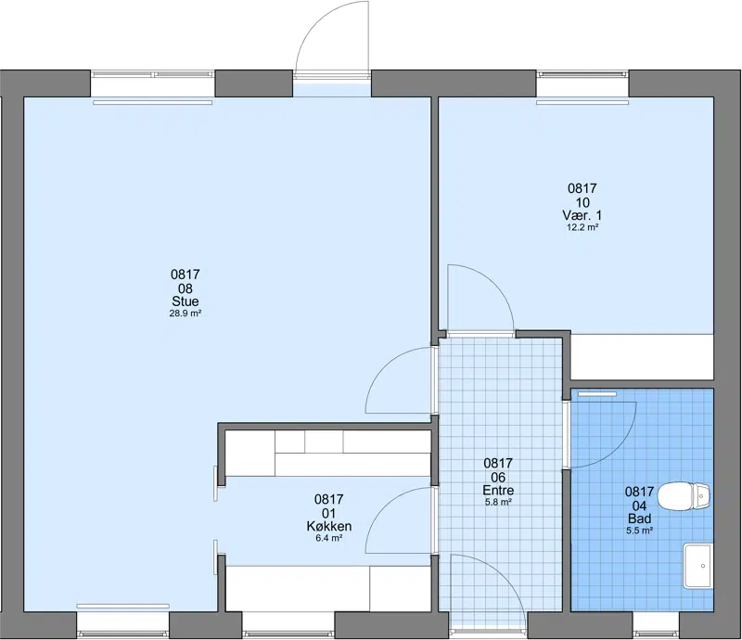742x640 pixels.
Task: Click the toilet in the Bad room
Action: [684, 496]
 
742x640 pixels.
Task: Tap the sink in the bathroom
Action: [697, 566]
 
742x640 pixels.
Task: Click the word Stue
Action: [185, 301]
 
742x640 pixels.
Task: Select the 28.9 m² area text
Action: [185, 314]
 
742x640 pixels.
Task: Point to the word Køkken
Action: [329, 527]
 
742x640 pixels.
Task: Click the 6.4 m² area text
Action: [329, 538]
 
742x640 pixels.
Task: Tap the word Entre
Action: [498, 490]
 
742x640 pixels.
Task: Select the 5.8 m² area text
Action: [498, 502]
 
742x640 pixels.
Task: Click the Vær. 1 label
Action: [582, 215]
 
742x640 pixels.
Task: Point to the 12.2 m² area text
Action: [582, 227]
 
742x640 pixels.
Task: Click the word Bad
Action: [639, 518]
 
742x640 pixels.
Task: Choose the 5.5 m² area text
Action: [640, 531]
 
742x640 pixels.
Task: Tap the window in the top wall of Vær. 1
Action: [582, 74]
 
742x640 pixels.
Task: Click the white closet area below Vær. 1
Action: [642, 356]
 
